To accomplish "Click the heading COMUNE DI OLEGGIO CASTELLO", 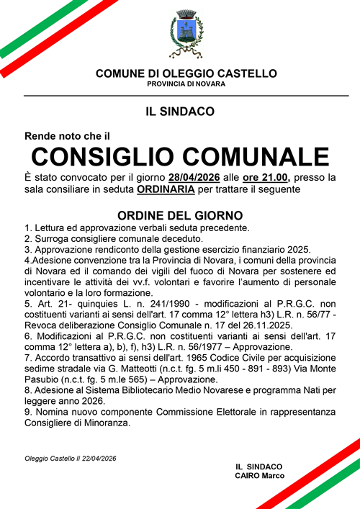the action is pos(186,73).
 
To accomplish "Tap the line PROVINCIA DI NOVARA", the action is pos(186,84).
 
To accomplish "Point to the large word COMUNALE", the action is pos(263,157).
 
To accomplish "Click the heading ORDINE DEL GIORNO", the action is pos(180,215).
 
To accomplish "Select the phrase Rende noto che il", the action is pos(67,135).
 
